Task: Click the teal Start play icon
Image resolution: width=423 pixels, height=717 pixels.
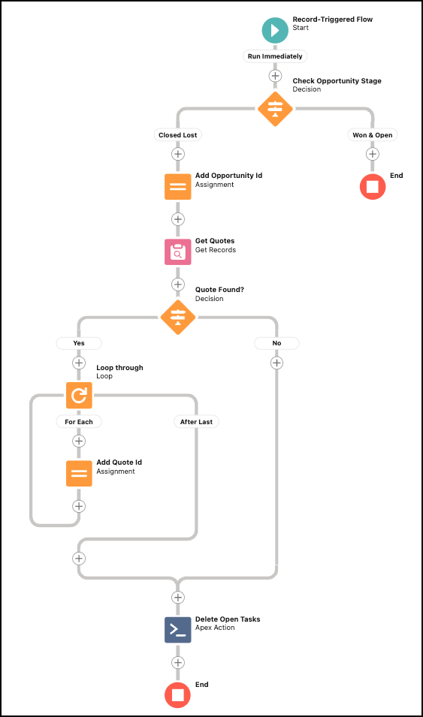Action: coord(275,30)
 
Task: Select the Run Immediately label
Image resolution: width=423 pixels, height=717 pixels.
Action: coord(275,56)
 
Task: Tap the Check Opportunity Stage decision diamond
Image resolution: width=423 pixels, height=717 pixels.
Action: coord(275,109)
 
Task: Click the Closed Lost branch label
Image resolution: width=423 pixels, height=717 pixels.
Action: coord(178,135)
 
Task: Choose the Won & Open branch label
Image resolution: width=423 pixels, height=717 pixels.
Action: coord(373,135)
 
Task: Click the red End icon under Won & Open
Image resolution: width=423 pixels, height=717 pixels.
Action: coord(373,186)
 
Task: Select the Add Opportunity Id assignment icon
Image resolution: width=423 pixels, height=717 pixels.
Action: coord(178,186)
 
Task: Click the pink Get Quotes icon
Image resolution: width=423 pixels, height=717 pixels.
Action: coord(178,252)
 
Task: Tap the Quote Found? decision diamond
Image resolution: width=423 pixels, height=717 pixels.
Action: coord(178,317)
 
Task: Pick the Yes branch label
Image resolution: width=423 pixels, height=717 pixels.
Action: coord(79,343)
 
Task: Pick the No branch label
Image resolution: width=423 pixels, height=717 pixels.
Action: coord(276,343)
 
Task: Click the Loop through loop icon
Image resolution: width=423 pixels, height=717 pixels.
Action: coord(79,394)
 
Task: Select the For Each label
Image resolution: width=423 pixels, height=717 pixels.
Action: coord(79,422)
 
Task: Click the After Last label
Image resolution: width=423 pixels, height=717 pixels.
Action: coord(196,422)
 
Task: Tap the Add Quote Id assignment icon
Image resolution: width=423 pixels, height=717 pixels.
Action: coord(79,473)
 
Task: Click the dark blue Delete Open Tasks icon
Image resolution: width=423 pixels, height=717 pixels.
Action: coord(178,629)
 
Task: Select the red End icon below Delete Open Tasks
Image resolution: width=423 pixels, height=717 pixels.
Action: coord(178,695)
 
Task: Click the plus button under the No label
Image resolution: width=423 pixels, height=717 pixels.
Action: coord(276,363)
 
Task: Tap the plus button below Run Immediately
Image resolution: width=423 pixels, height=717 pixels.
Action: coord(275,76)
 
